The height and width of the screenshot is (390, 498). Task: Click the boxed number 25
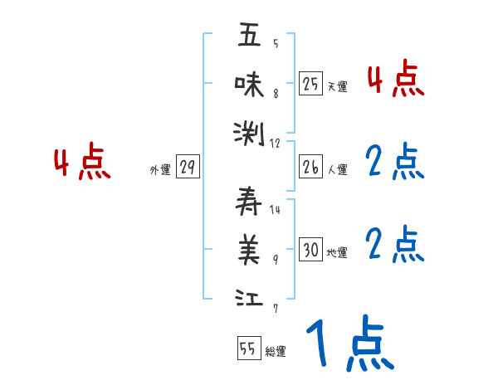coord(310,84)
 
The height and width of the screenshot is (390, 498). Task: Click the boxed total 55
coord(248,350)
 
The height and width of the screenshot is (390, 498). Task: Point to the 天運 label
coord(337,86)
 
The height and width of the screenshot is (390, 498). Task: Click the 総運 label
coord(276,352)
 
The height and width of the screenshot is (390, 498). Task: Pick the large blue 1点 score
coord(349,344)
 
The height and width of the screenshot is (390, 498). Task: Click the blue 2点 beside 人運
coord(395,163)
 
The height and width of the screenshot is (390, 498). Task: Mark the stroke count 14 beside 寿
coord(275,209)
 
